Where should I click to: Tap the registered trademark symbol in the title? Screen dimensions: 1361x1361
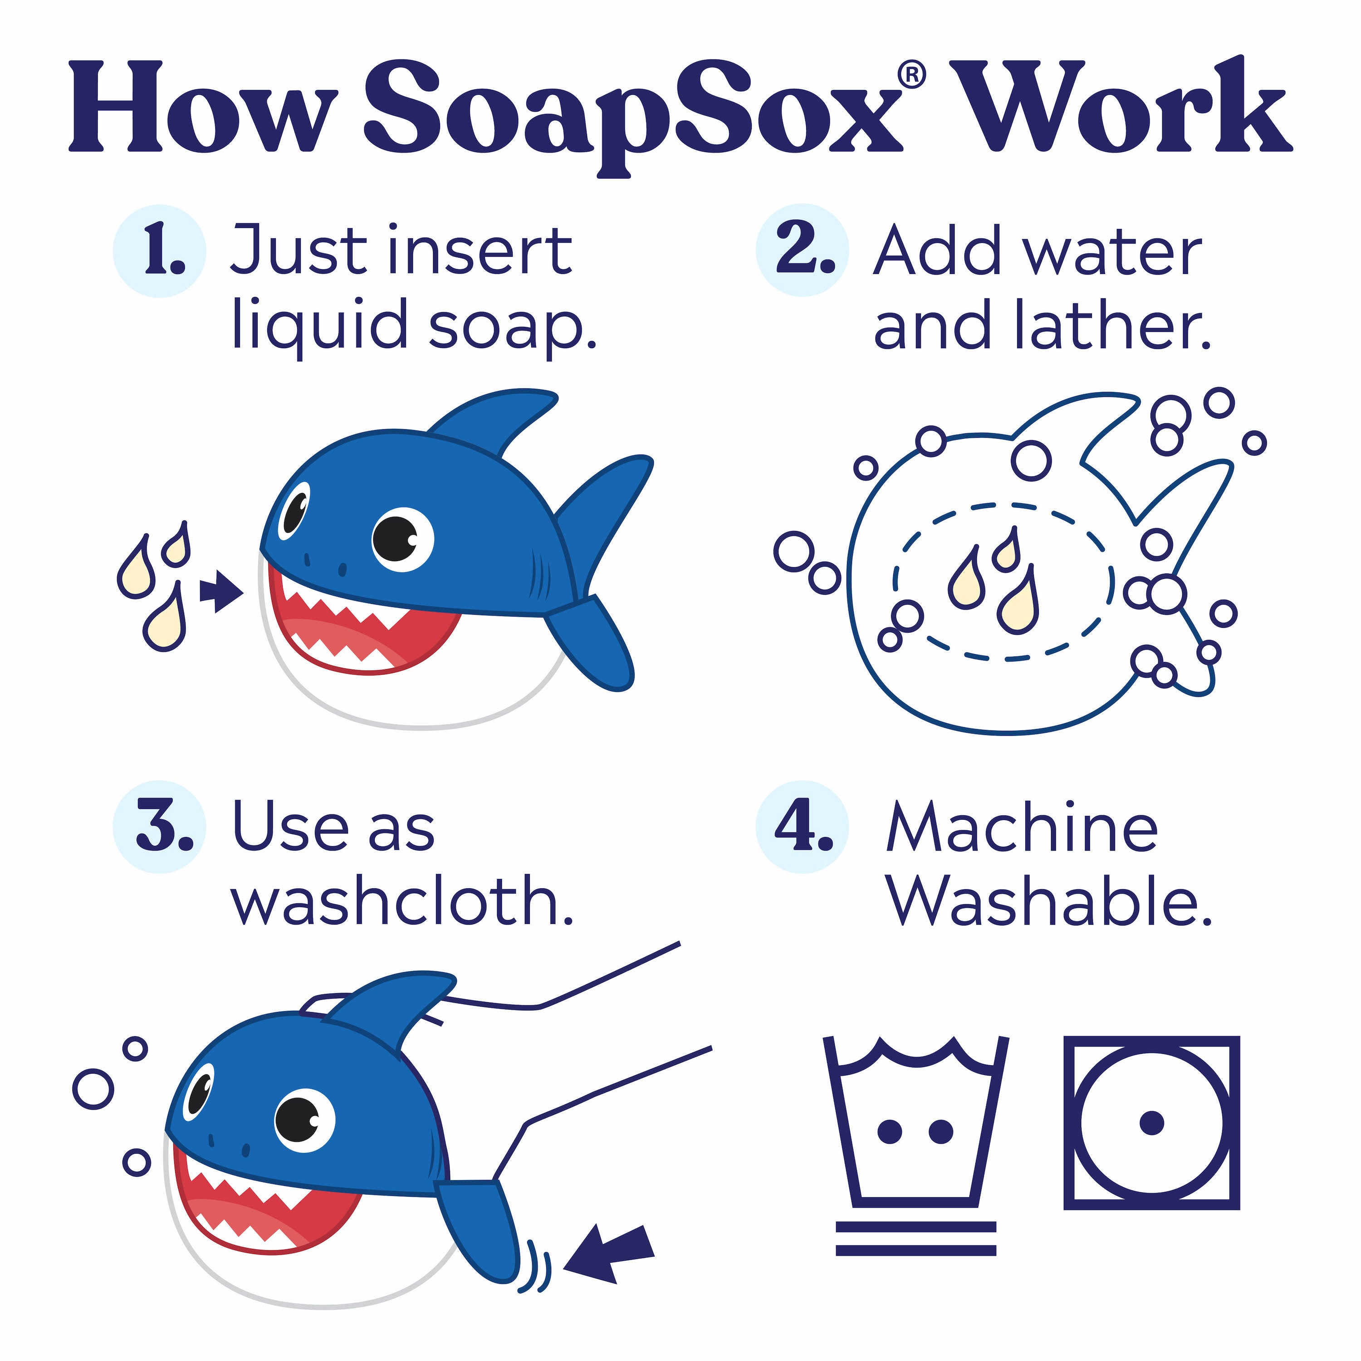(x=913, y=75)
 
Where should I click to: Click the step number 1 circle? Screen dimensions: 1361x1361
(x=159, y=251)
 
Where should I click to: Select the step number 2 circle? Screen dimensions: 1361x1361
(x=803, y=250)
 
